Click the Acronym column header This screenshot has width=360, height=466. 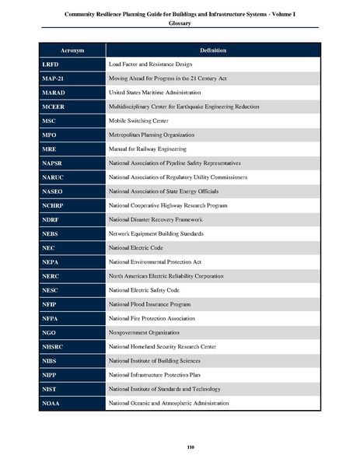tap(71, 50)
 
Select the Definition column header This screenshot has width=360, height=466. tap(212, 50)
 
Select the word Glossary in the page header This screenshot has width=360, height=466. tap(180, 23)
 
